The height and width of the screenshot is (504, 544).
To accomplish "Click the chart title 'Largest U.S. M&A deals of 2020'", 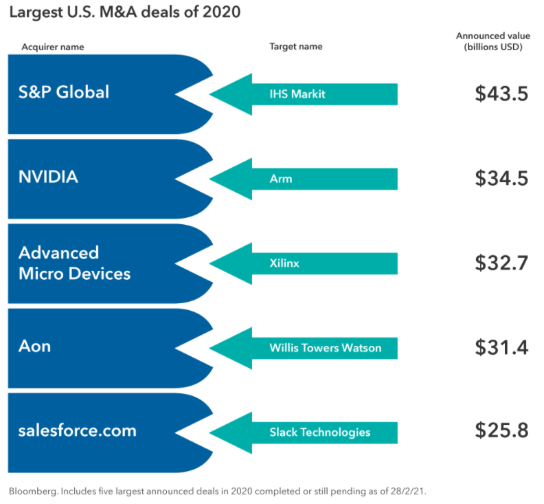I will (124, 12).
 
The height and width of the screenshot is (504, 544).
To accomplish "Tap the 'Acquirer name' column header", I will (52, 47).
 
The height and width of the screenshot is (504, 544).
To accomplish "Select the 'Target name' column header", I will (295, 47).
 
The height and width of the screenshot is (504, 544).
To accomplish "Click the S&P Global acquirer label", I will (64, 92).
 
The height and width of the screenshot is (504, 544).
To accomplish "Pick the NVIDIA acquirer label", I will (48, 177).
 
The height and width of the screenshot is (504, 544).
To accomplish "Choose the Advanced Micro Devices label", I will (74, 263).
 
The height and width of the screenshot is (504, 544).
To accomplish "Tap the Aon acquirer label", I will (34, 346).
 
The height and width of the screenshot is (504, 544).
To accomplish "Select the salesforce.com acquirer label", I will (77, 431).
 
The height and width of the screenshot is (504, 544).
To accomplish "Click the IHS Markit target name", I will (297, 94).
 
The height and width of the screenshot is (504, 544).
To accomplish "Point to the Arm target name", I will (281, 179).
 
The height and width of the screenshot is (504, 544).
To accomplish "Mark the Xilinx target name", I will (284, 263).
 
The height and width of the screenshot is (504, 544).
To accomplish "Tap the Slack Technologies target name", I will (319, 432).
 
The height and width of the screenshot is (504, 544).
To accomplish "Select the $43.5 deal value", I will (501, 94).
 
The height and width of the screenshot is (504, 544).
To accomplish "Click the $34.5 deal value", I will (501, 178).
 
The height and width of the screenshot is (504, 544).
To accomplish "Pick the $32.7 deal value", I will (501, 263).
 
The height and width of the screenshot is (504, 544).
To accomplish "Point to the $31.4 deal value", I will (501, 347).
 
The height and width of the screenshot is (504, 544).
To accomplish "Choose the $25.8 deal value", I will (501, 432).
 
